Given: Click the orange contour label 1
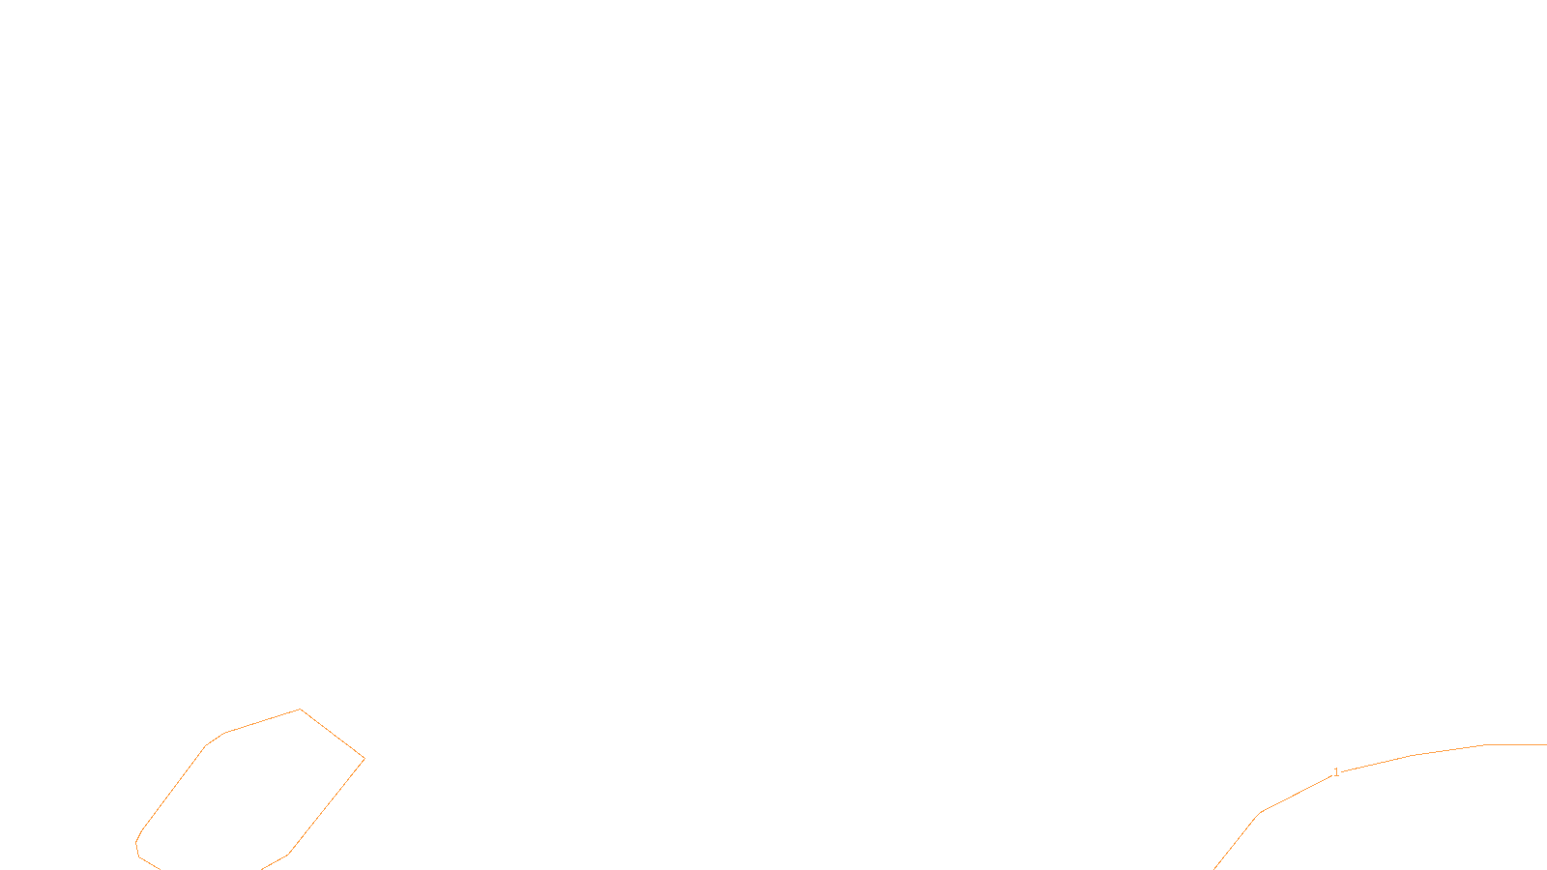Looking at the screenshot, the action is tap(1336, 772).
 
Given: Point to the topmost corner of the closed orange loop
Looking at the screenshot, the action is tap(301, 710).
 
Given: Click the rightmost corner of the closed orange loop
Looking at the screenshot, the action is tap(365, 759).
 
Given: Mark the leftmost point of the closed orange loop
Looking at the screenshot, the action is tap(136, 844).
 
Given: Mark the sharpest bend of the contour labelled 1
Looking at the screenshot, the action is tap(1260, 813).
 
